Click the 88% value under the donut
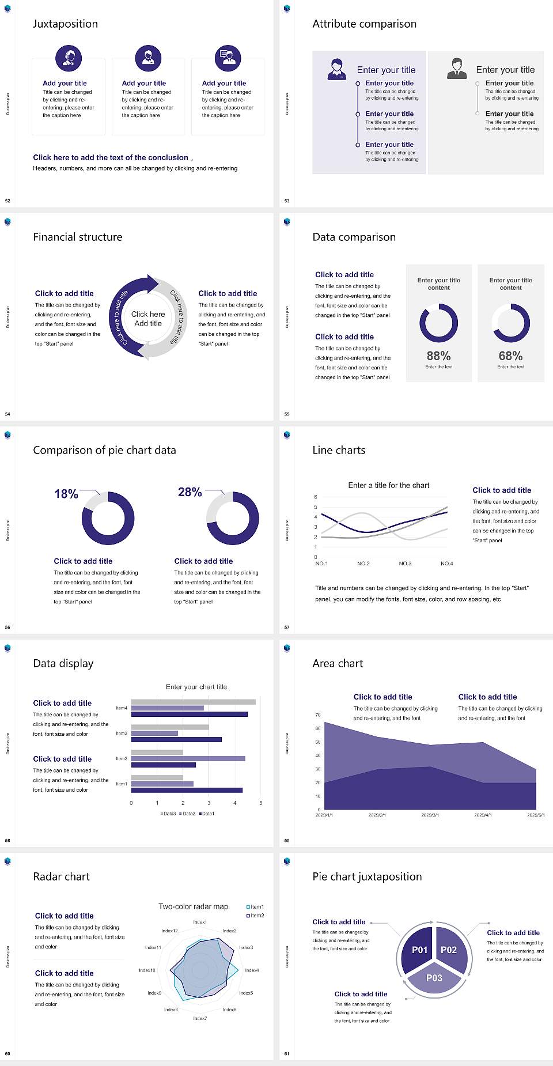(438, 356)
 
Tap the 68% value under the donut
(510, 356)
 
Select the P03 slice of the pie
(434, 978)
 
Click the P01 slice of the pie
(419, 950)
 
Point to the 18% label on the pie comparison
(66, 494)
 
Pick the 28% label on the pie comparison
(190, 492)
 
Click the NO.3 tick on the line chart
(405, 564)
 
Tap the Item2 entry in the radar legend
(256, 915)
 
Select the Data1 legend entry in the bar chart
(207, 814)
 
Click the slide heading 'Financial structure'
(78, 237)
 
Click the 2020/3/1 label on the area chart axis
(430, 815)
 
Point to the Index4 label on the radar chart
(252, 970)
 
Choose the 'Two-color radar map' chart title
(193, 906)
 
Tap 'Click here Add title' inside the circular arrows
(148, 319)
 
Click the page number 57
(287, 627)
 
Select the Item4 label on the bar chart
(122, 708)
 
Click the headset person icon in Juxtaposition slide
(69, 58)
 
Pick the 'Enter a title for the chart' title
(389, 485)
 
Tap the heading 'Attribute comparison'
(364, 24)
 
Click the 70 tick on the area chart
(318, 715)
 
